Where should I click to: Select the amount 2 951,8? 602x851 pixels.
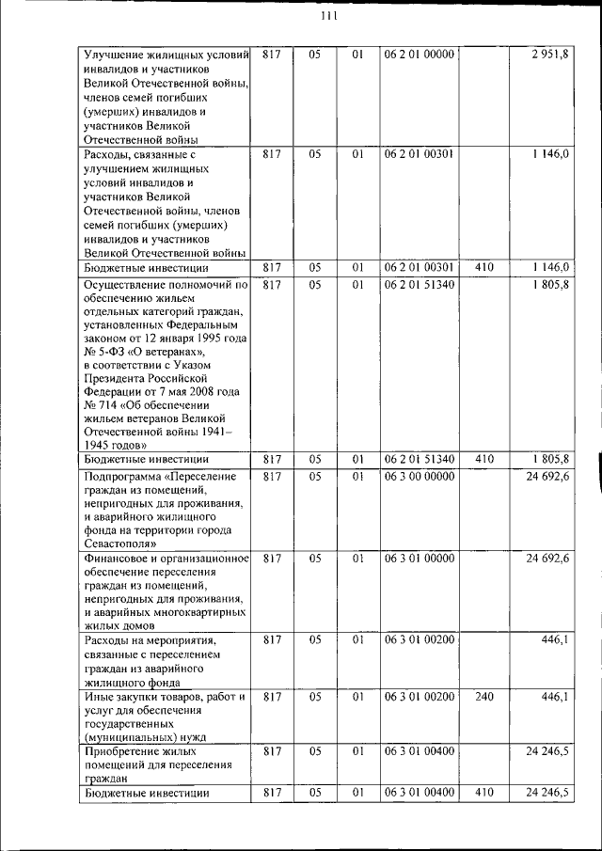click(549, 55)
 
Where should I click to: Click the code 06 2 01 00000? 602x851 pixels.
click(419, 55)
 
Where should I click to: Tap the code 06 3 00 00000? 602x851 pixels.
click(419, 477)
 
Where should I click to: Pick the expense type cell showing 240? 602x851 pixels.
click(484, 697)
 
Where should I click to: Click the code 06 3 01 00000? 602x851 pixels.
click(419, 559)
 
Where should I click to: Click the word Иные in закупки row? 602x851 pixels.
click(100, 697)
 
